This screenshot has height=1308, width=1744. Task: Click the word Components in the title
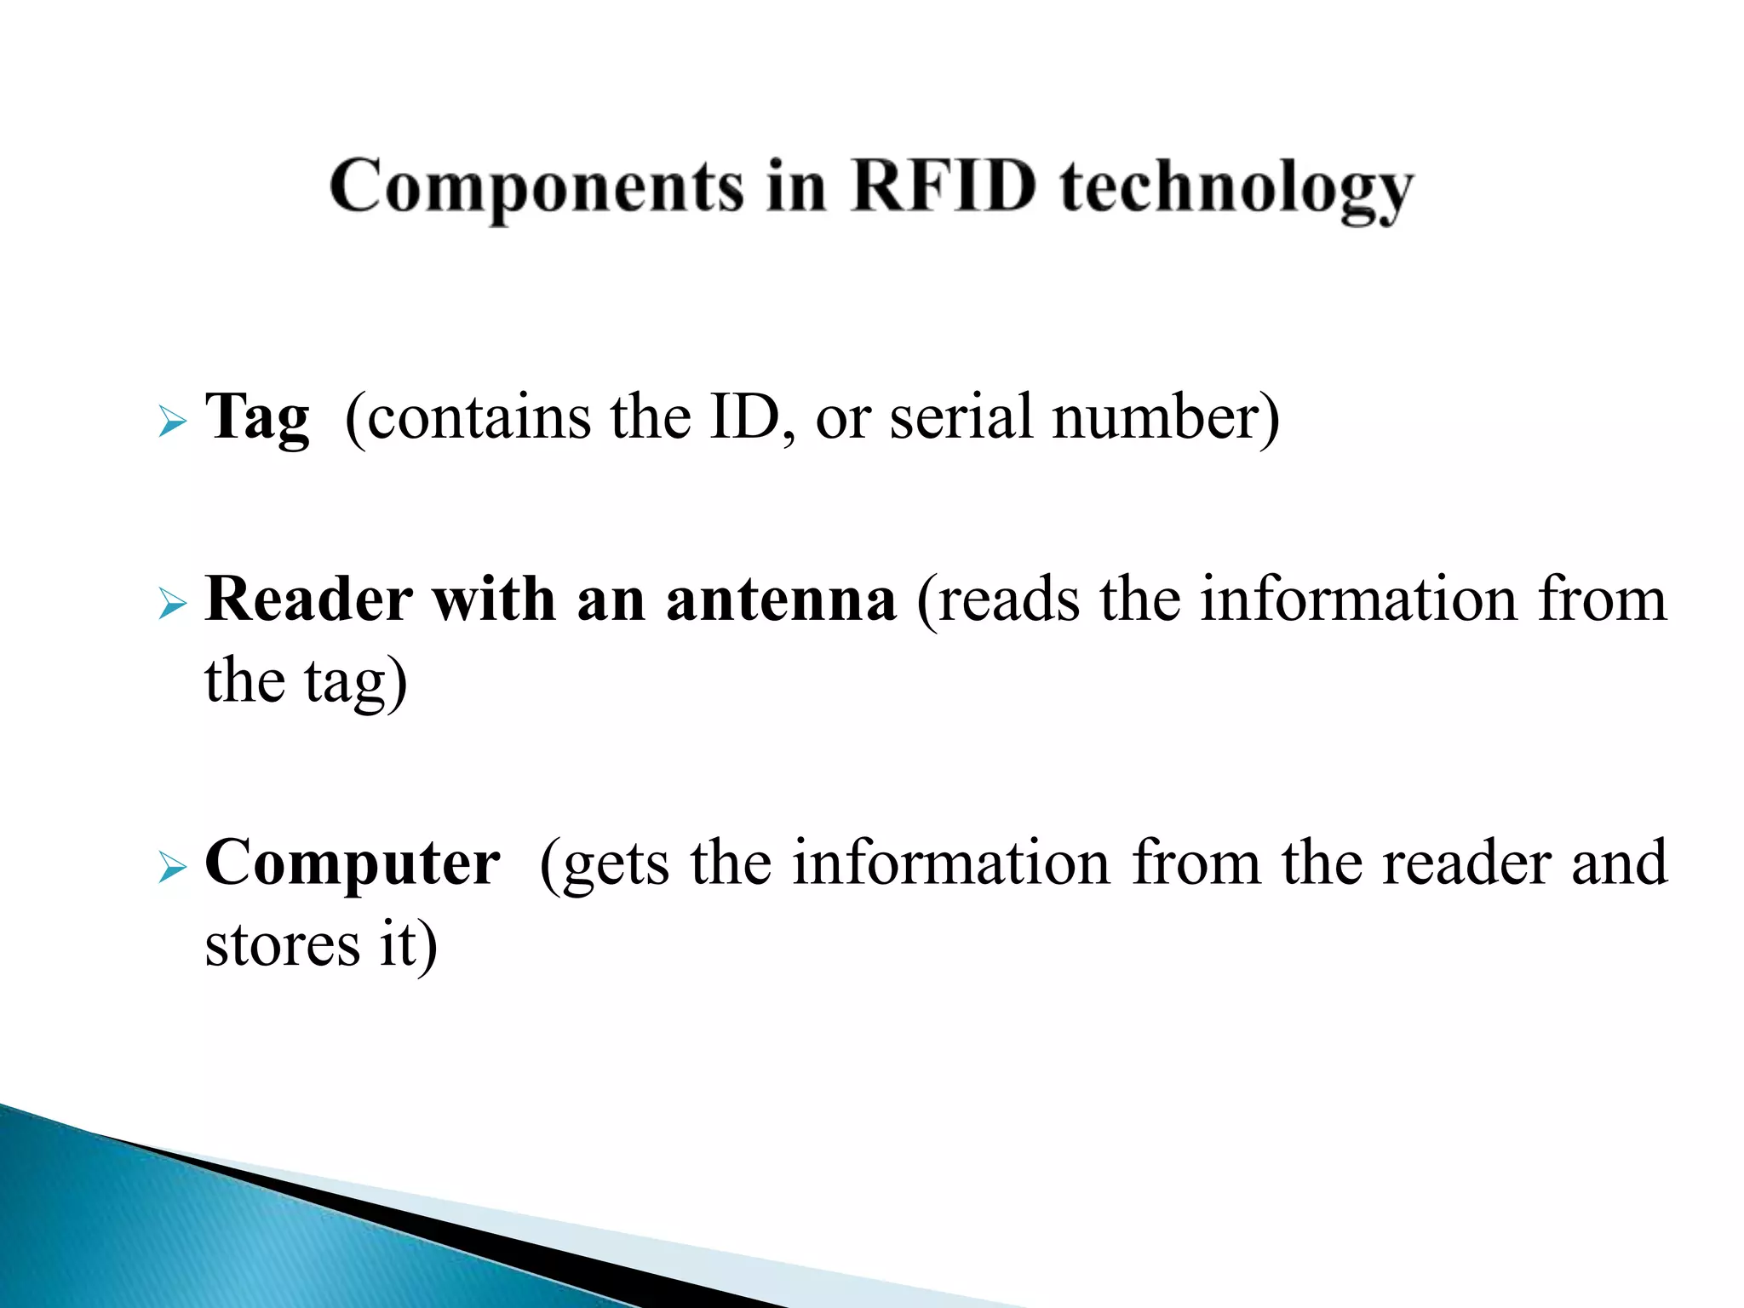(536, 187)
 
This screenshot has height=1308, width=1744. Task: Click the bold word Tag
(257, 418)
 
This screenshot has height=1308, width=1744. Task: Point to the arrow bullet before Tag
(172, 422)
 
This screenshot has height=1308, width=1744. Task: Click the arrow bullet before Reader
(172, 605)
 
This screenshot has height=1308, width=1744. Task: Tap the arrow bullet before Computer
(172, 869)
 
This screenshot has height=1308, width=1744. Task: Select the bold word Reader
(309, 599)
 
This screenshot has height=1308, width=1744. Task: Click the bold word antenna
(781, 599)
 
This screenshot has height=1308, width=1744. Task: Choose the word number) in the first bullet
(1165, 417)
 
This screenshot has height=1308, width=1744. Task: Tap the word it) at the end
(408, 945)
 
